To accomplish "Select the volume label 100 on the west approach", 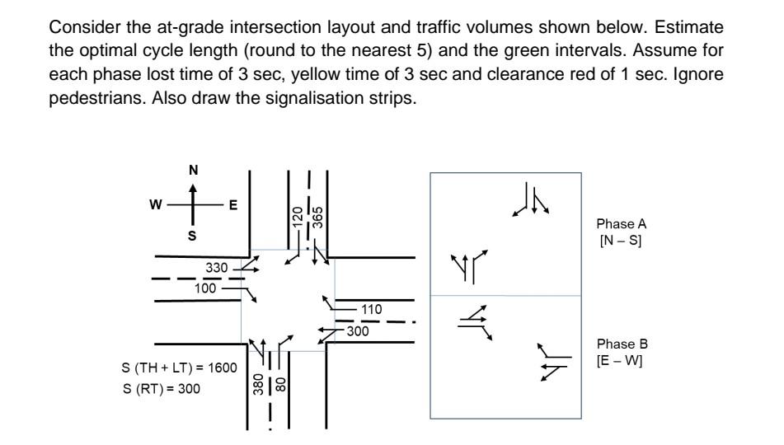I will (x=207, y=289).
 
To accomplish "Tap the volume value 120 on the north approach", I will (x=298, y=218).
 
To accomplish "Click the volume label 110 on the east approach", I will (x=373, y=308).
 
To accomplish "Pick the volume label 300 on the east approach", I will (x=357, y=331).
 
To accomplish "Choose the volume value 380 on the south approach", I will (x=258, y=386).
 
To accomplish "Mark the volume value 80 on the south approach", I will (x=279, y=384).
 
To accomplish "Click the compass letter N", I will (x=194, y=170).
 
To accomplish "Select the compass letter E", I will (x=233, y=204).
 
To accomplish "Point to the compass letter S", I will (x=194, y=236).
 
